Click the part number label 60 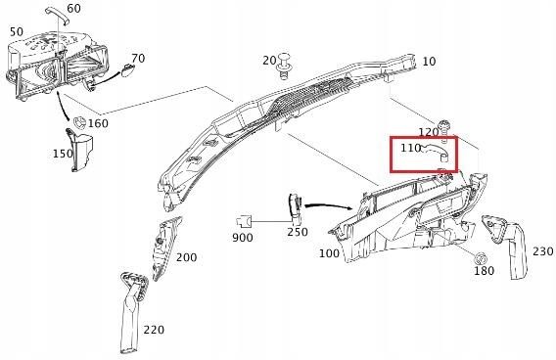pyautogui.click(x=74, y=8)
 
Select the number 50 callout pyautogui.click(x=16, y=31)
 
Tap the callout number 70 pyautogui.click(x=138, y=59)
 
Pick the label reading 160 pyautogui.click(x=98, y=124)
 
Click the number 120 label pyautogui.click(x=429, y=132)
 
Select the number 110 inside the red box pyautogui.click(x=410, y=149)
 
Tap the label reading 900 pyautogui.click(x=243, y=238)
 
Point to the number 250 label pyautogui.click(x=297, y=232)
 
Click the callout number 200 pyautogui.click(x=186, y=257)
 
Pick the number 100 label pyautogui.click(x=329, y=253)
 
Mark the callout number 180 pyautogui.click(x=484, y=271)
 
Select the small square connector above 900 pyautogui.click(x=246, y=219)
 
